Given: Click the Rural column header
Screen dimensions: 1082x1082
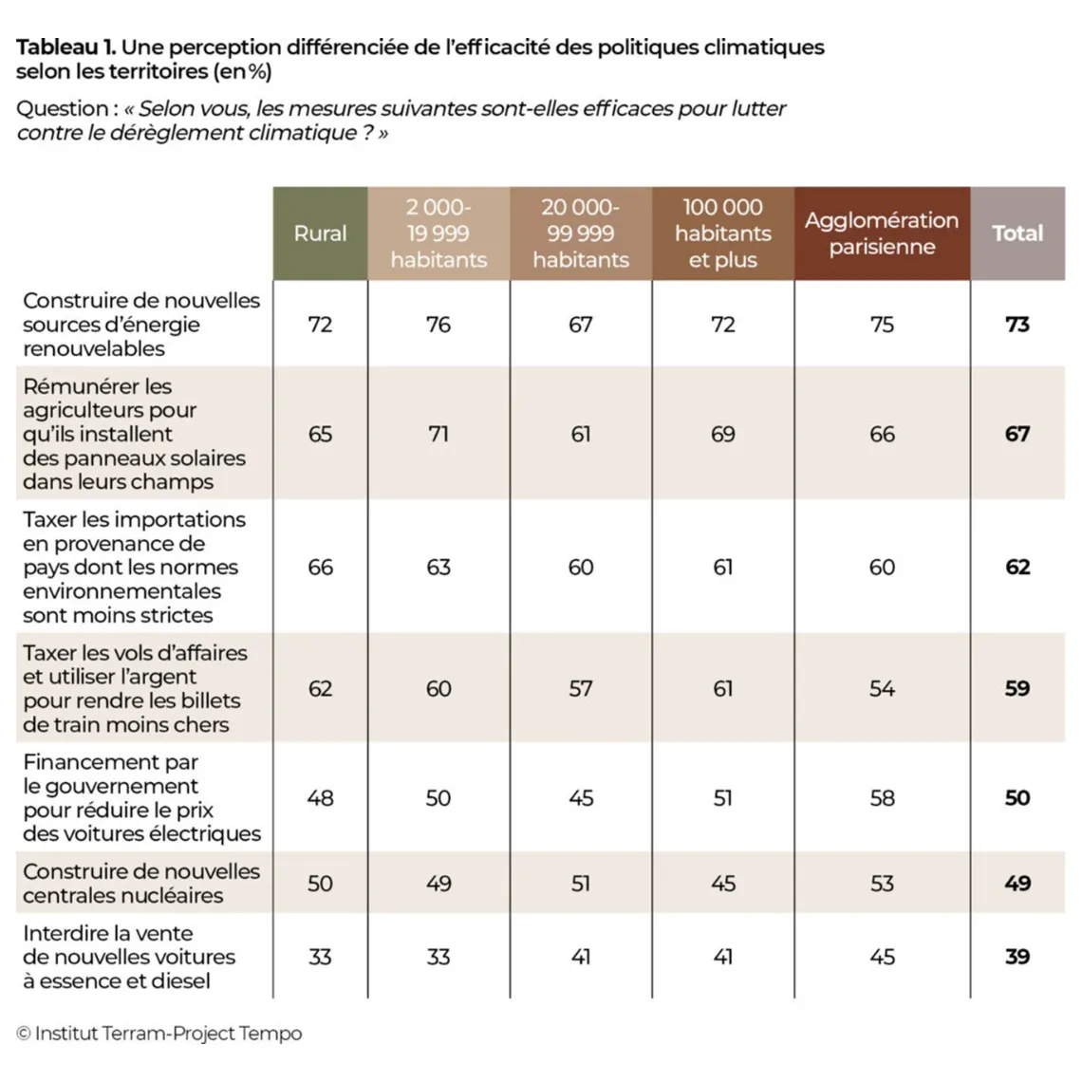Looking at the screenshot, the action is pos(320,233).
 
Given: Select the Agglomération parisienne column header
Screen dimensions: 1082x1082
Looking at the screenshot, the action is pos(882,233).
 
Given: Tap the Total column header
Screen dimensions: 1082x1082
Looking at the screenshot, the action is pos(1017,233).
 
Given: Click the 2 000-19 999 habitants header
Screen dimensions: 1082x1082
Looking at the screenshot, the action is pos(438,233).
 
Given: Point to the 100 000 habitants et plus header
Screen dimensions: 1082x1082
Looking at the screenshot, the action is pos(722,233).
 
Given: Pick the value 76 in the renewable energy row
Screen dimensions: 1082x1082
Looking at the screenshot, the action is pos(438,325).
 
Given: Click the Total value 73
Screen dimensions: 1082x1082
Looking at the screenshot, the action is pos(1017,325).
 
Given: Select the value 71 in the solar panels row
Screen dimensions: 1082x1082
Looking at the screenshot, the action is pos(438,434).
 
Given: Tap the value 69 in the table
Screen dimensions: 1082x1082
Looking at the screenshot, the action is pos(722,434).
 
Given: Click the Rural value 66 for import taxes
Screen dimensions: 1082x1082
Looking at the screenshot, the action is pos(320,568).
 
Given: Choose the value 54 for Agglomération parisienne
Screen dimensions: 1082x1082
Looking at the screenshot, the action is pos(882,689).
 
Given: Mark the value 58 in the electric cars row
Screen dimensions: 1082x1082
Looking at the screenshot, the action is pos(882,798).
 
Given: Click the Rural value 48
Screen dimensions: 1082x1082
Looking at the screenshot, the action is pos(320,798).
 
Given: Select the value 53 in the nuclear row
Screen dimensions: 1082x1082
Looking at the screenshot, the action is pos(882,884).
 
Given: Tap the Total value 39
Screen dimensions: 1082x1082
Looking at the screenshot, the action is pos(1017,957).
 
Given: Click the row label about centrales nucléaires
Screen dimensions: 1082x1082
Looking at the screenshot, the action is pos(141,884).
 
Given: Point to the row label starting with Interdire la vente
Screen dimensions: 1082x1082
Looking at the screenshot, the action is pos(129,957).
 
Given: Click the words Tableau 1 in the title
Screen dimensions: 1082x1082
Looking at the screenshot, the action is pos(66,47).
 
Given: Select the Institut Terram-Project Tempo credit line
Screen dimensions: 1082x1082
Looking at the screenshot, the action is pos(159,1033).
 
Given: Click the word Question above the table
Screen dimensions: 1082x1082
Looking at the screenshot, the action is pos(62,109).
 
